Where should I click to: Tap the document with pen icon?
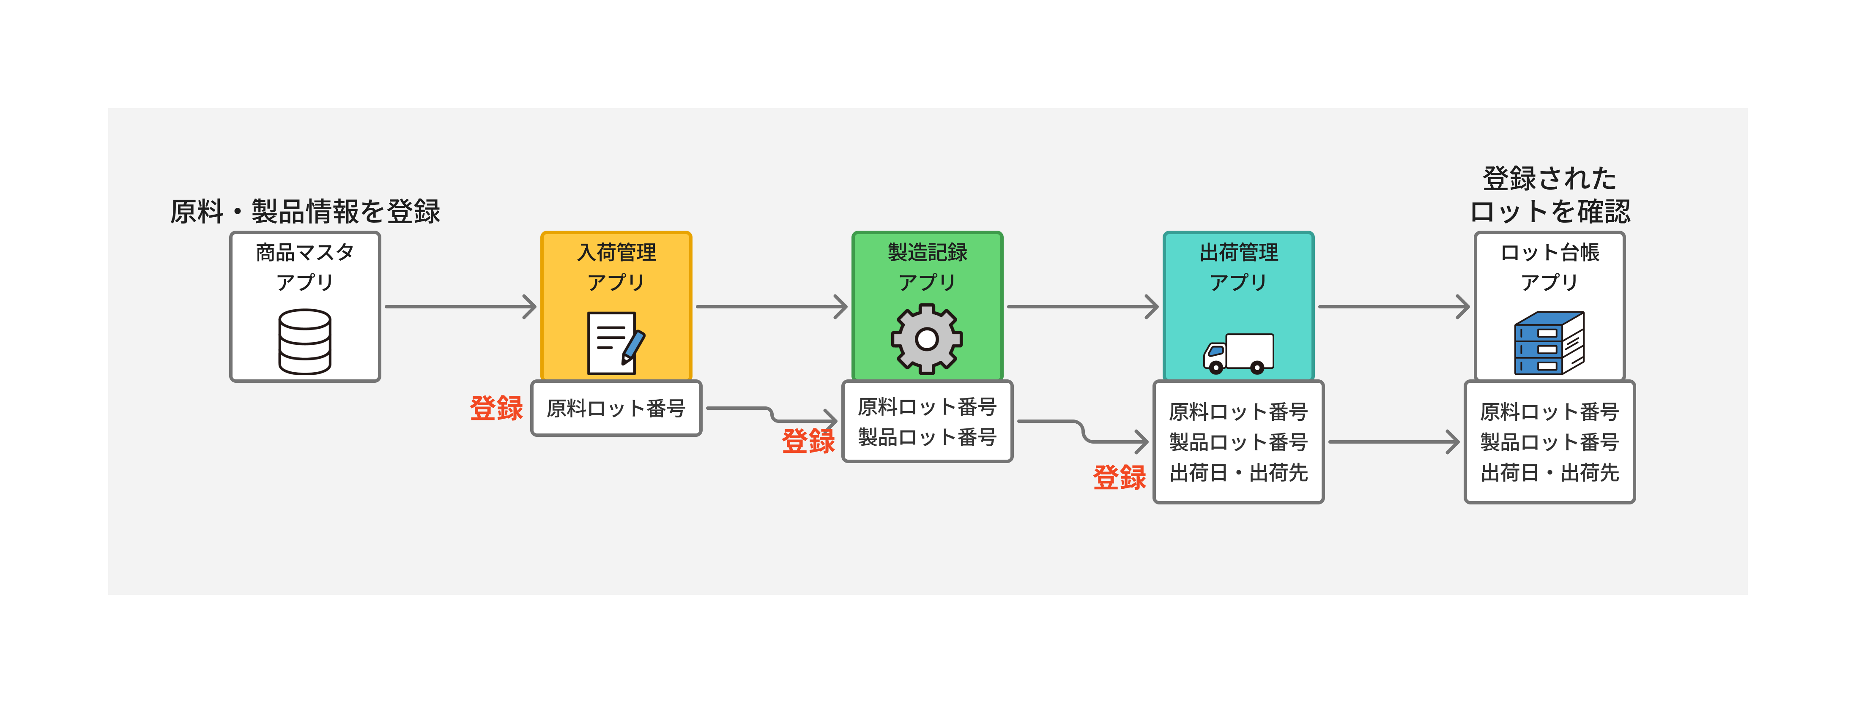pyautogui.click(x=615, y=343)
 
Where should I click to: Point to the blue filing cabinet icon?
pyautogui.click(x=1549, y=343)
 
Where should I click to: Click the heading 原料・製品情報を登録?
pyautogui.click(x=305, y=212)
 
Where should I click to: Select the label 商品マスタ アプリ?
pyautogui.click(x=305, y=267)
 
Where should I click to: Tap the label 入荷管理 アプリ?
pyautogui.click(x=616, y=267)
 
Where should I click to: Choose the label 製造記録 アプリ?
pyautogui.click(x=927, y=267)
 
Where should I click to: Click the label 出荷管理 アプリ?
pyautogui.click(x=1239, y=267)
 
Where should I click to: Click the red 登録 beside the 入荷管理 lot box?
pyautogui.click(x=495, y=409)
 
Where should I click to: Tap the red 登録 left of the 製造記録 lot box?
pyautogui.click(x=808, y=441)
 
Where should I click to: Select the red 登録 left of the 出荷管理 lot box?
pyautogui.click(x=1119, y=477)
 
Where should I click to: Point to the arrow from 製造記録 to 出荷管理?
pyautogui.click(x=1082, y=307)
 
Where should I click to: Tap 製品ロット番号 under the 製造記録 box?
pyautogui.click(x=927, y=437)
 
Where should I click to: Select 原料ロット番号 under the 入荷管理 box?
pyautogui.click(x=616, y=409)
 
